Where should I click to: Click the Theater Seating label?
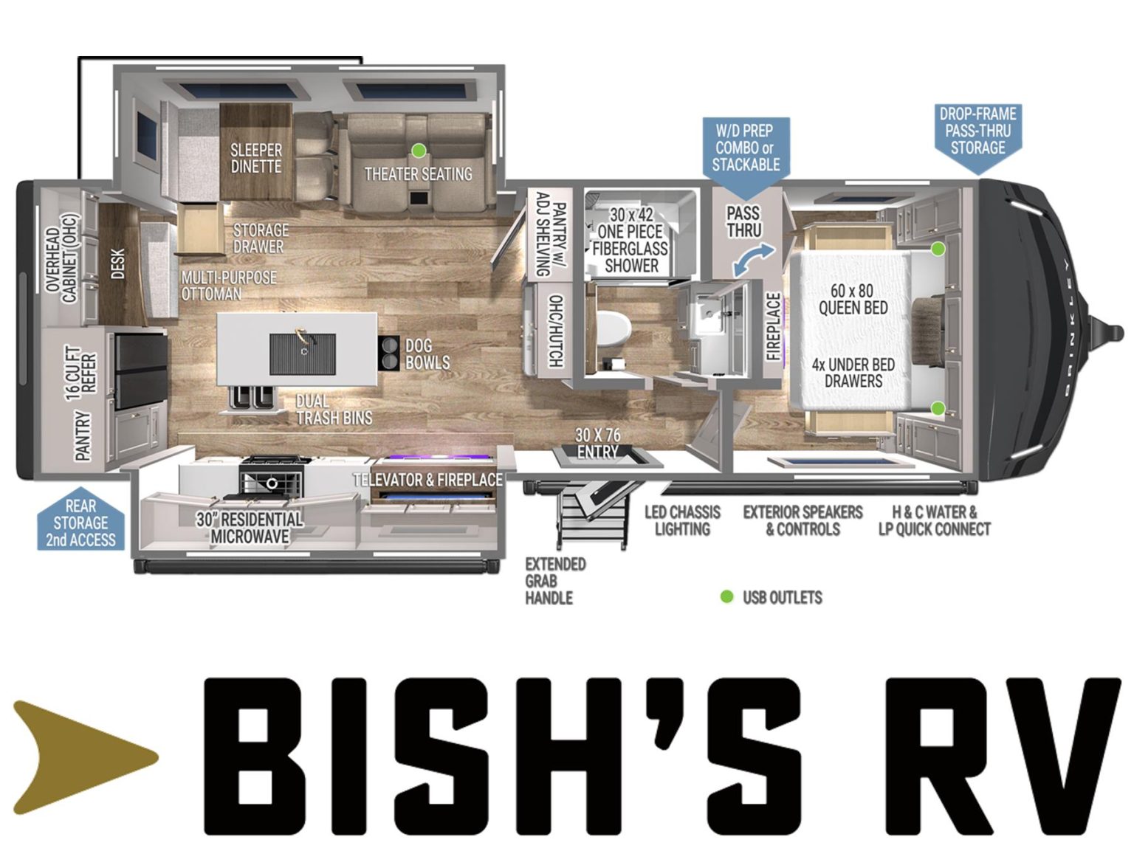tap(418, 174)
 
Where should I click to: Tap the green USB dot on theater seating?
tap(419, 151)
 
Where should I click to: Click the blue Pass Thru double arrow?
tap(754, 261)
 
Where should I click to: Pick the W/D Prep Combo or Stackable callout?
tap(745, 148)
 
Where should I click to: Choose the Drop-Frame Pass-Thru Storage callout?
tap(977, 131)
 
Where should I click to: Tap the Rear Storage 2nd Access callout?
tap(80, 523)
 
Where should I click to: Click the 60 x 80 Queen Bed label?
tap(853, 299)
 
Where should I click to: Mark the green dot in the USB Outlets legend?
tap(726, 596)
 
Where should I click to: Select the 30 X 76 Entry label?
tap(598, 444)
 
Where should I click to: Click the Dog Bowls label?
tap(427, 354)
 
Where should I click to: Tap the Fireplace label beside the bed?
tap(773, 325)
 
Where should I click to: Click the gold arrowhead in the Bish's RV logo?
tap(81, 757)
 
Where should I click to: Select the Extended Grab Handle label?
tap(555, 581)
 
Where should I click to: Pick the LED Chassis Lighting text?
tap(682, 520)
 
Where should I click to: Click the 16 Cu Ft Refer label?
tap(81, 373)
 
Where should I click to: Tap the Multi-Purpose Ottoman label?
tap(229, 286)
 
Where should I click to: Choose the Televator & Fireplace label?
tap(427, 480)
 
